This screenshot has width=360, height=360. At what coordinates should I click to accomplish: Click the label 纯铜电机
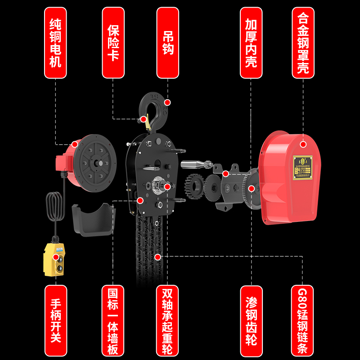(55, 43)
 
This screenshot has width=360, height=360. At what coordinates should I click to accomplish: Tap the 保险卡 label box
(113, 43)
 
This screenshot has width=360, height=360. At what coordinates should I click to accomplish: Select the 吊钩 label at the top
(167, 43)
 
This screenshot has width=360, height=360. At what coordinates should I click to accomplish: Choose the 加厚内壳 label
(251, 43)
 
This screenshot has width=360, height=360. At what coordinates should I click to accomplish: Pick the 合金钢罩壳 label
(303, 43)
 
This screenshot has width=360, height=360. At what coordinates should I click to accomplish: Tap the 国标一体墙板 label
(113, 319)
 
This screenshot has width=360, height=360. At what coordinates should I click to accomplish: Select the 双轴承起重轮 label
(167, 319)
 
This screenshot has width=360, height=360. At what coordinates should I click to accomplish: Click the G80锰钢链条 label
(303, 319)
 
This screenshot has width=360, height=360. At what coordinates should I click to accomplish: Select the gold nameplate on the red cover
(303, 168)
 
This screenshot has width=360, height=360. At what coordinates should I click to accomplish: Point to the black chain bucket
(92, 219)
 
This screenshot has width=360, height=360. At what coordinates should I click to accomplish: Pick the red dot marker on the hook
(167, 102)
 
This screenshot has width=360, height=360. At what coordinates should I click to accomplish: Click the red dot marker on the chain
(157, 257)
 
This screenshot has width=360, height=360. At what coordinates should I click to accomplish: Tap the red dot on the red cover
(303, 144)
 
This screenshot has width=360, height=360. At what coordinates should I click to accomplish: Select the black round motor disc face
(97, 162)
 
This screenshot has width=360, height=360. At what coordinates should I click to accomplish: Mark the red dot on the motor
(74, 144)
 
